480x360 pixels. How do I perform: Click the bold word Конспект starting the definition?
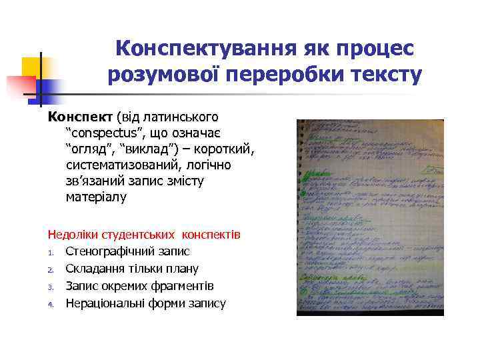tap(79, 117)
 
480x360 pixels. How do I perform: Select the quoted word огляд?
tap(89, 149)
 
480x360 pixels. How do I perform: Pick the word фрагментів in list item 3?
tap(181, 286)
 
